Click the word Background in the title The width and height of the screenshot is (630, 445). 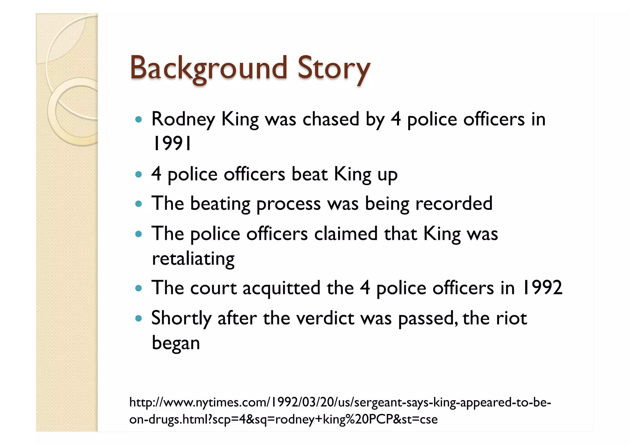208,68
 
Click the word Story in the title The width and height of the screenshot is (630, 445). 333,68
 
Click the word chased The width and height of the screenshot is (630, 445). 331,119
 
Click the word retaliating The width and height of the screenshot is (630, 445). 193,259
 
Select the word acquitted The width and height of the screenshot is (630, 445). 281,288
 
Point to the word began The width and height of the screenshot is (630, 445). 176,343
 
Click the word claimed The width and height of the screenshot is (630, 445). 346,234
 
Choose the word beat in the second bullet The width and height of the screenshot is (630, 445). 309,174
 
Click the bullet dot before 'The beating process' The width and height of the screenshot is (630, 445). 139,204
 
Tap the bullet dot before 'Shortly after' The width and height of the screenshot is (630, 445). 139,319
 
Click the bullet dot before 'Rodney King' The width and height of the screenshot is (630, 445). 139,120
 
